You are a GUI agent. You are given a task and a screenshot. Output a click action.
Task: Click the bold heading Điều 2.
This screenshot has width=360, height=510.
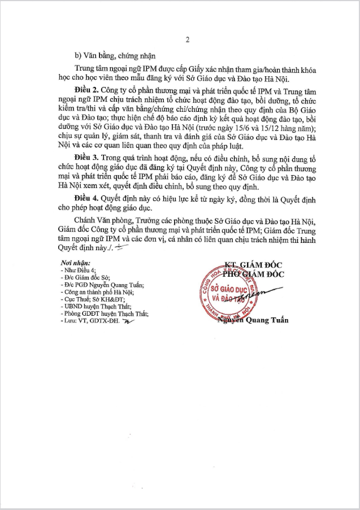86,90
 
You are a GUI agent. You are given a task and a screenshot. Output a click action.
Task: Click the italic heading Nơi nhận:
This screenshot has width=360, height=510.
75,264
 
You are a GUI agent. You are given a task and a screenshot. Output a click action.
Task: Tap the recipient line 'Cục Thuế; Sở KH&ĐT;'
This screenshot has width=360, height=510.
90,299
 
